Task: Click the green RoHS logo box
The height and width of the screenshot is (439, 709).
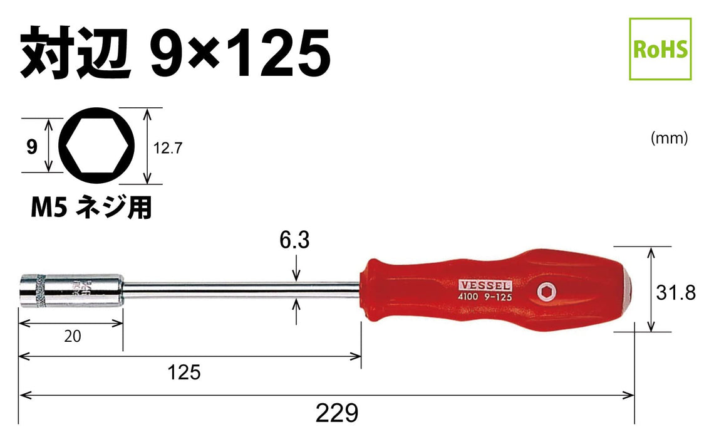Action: tap(660, 49)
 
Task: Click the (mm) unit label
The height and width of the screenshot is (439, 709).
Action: tap(670, 138)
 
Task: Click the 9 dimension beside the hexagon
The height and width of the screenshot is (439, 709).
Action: tap(31, 147)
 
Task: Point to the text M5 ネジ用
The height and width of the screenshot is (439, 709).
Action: tap(91, 207)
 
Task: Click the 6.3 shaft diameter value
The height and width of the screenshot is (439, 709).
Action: tap(296, 240)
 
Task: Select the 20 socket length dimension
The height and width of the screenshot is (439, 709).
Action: tap(73, 336)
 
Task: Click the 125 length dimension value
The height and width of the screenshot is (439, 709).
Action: tap(184, 373)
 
